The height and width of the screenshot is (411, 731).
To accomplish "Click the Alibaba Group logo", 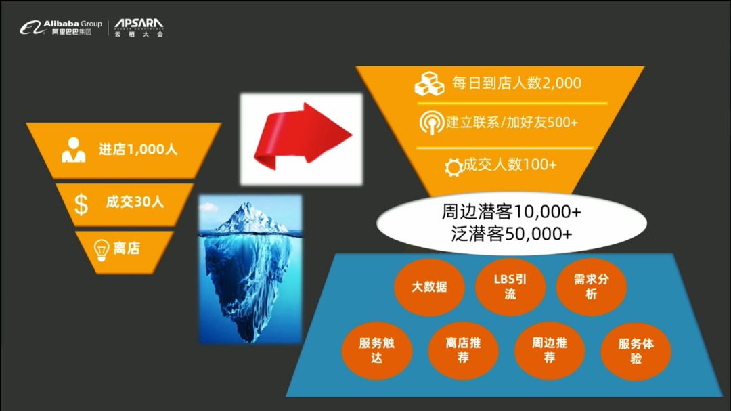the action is tap(61, 28).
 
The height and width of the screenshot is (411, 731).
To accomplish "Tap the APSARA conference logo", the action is tap(139, 28).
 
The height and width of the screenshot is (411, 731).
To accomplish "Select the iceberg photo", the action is tap(250, 269).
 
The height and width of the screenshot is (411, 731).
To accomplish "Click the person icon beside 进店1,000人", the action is tap(74, 150).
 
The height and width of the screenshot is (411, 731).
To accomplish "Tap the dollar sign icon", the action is tap(81, 204).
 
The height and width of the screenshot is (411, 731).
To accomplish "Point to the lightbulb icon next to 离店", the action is tap(101, 250).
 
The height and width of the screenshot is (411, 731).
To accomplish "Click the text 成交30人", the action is tap(135, 202).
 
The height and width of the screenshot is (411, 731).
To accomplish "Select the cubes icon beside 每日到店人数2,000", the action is tap(429, 84).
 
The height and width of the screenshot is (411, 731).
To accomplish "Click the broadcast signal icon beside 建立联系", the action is tap(431, 123).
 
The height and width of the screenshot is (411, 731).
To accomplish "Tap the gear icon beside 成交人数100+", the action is tap(453, 167).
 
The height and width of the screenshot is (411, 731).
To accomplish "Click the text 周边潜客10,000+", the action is tap(512, 212).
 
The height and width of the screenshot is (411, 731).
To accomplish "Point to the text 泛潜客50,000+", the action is tap(512, 234).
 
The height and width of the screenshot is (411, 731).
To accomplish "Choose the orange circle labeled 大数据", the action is tap(429, 286).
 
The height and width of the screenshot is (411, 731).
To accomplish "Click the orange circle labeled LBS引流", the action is tap(510, 286).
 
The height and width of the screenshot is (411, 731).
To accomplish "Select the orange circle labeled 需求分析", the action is tap(591, 286).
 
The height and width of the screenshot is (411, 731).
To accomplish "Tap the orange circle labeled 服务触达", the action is tap(377, 350).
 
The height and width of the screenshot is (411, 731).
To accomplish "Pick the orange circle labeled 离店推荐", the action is tap(463, 350).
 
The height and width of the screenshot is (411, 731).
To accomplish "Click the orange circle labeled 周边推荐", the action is tap(550, 350).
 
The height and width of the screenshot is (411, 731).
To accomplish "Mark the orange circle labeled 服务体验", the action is tap(636, 351).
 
